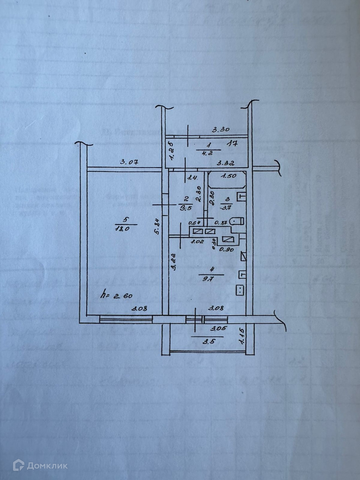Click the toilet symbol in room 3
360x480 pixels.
[x=238, y=221]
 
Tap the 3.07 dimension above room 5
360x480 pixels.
[x=129, y=162]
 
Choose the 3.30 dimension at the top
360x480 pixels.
[x=221, y=129]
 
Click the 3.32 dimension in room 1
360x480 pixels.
[x=226, y=163]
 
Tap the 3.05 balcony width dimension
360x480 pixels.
[x=219, y=328]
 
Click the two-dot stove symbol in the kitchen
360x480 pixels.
[x=240, y=290]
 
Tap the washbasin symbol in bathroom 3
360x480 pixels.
[x=241, y=197]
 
